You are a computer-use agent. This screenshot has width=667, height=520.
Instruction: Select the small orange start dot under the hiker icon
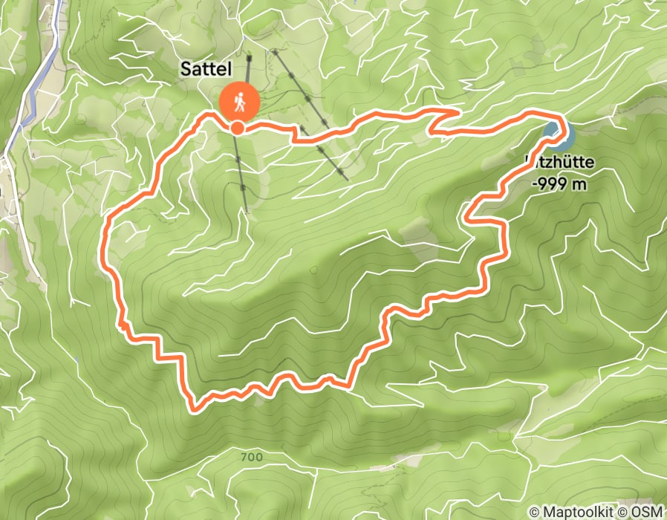click(x=237, y=129)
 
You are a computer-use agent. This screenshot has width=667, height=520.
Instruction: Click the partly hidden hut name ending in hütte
click(x=559, y=160)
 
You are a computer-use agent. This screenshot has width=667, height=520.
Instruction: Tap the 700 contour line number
click(x=252, y=458)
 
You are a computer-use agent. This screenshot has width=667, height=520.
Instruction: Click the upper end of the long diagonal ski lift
click(x=273, y=51)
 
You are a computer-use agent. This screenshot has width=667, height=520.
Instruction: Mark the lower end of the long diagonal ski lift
click(x=347, y=178)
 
